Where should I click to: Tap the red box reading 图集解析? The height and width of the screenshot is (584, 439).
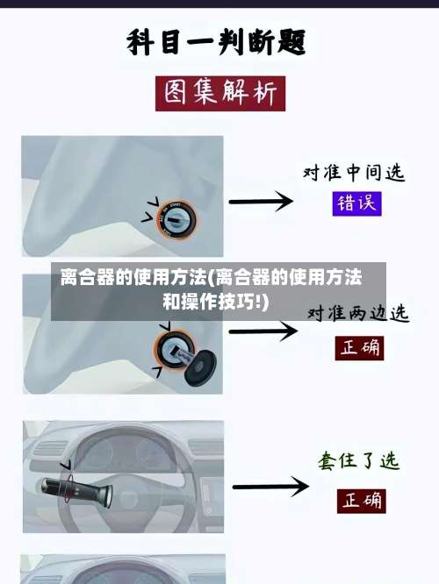(x=219, y=93)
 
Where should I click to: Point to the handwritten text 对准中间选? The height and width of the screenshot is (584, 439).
(x=354, y=172)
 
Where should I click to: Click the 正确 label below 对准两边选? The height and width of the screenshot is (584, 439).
(x=360, y=347)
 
